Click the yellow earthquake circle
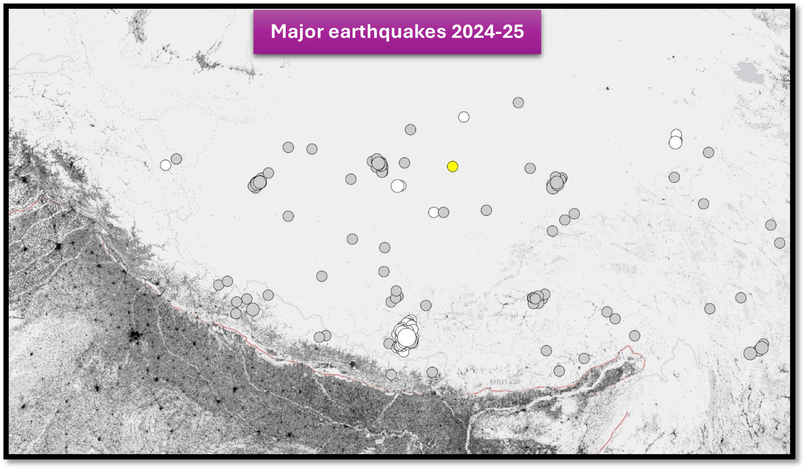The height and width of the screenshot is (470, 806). pyautogui.click(x=452, y=166)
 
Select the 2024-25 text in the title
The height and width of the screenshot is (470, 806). pyautogui.click(x=487, y=31)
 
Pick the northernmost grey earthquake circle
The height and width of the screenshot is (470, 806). pyautogui.click(x=518, y=102)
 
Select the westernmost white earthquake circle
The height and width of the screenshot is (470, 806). pyautogui.click(x=165, y=165)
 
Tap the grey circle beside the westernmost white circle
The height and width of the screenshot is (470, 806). pyautogui.click(x=176, y=159)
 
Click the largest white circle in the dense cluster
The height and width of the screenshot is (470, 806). pyautogui.click(x=406, y=337)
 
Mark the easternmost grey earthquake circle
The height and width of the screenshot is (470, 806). pyautogui.click(x=780, y=243)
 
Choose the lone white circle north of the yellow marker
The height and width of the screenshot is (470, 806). pyautogui.click(x=464, y=117)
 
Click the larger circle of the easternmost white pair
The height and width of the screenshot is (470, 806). pyautogui.click(x=675, y=143)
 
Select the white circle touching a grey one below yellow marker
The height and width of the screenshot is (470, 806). pyautogui.click(x=433, y=212)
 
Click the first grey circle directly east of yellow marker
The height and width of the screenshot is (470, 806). pyautogui.click(x=530, y=168)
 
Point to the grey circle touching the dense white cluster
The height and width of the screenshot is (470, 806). pyautogui.click(x=389, y=343)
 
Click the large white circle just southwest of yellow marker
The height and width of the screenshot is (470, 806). pyautogui.click(x=397, y=186)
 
